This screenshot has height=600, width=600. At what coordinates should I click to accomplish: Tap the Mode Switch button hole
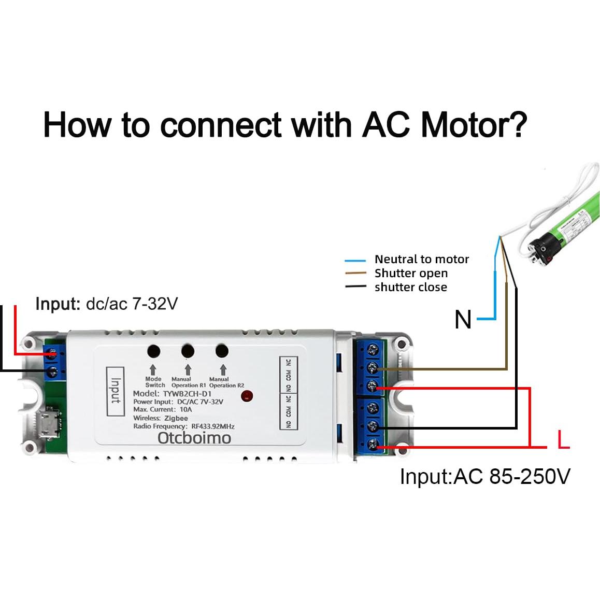[x=153, y=351]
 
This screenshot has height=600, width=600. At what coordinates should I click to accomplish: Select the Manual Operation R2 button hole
[x=222, y=351]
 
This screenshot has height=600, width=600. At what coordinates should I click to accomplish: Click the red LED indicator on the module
[x=247, y=396]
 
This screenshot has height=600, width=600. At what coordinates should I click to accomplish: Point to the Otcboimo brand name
[x=194, y=438]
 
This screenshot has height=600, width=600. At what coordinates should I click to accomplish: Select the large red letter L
[x=563, y=440]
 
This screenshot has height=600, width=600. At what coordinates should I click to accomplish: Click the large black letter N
[x=463, y=319]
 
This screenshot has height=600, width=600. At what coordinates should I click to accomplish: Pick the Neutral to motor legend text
[x=421, y=259]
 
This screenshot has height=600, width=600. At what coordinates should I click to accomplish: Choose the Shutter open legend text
[x=411, y=273]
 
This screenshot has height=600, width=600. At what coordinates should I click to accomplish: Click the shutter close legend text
[x=410, y=287]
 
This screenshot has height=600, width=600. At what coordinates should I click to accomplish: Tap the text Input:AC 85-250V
[x=484, y=476]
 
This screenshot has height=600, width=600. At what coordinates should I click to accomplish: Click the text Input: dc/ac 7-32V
[x=106, y=304]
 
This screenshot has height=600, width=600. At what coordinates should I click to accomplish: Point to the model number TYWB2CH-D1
[x=187, y=394]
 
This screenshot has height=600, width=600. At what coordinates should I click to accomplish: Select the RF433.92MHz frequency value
[x=212, y=426]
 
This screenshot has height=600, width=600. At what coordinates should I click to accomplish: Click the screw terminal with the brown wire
[x=372, y=368]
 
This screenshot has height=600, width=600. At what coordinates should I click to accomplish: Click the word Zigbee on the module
[x=176, y=418]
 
